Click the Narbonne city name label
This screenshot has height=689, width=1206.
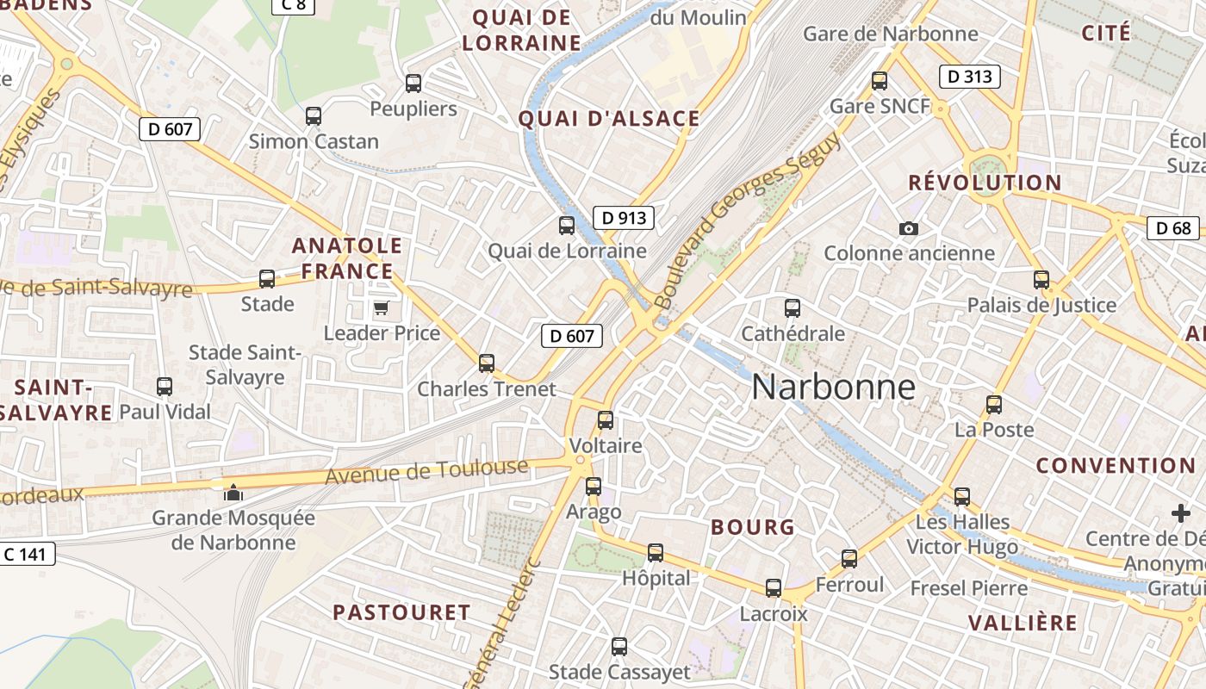[833, 388]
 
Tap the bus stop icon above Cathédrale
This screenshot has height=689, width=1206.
[793, 307]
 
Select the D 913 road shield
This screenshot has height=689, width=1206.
[624, 218]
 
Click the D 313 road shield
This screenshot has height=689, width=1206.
[970, 77]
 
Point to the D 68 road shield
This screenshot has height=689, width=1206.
[1173, 228]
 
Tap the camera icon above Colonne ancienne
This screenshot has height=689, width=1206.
[908, 228]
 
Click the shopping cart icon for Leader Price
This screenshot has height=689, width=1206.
[381, 307]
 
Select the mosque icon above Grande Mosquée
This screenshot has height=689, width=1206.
[233, 493]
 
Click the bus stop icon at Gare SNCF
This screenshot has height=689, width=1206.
[880, 81]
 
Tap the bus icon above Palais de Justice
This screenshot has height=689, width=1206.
[1041, 279]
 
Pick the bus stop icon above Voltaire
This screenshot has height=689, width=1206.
[606, 420]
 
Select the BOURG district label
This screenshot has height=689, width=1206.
[752, 527]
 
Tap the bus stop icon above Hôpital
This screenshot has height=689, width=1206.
[656, 553]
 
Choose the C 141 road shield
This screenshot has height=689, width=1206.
[27, 554]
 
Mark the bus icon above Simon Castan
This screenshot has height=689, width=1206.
[314, 115]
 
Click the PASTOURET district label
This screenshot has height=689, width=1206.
[401, 612]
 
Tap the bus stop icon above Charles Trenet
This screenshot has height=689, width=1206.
[487, 363]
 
